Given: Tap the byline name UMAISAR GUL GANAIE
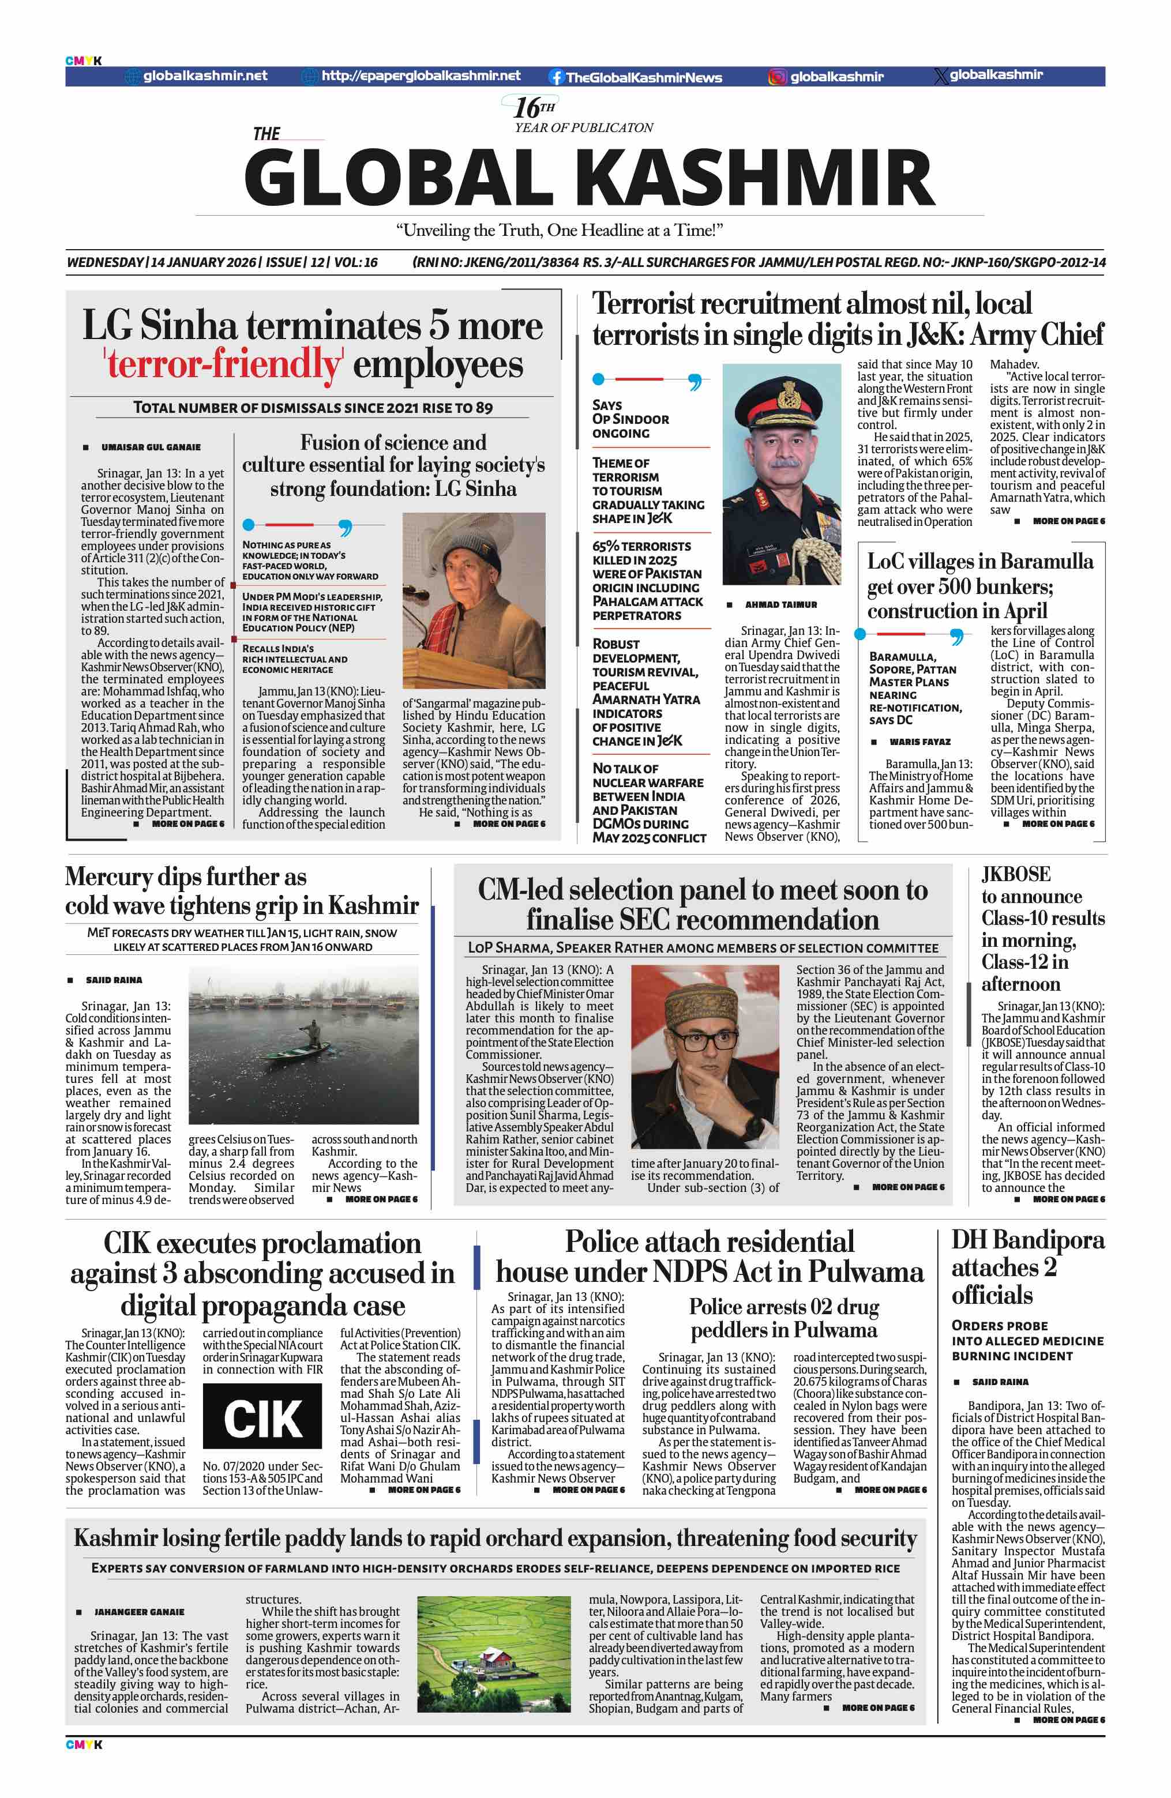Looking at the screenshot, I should pyautogui.click(x=151, y=447).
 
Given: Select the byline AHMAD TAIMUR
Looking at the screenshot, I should pyautogui.click(x=780, y=604).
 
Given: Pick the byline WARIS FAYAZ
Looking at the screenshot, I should pyautogui.click(x=919, y=742).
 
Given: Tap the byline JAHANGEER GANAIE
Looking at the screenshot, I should pyautogui.click(x=139, y=1612).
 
